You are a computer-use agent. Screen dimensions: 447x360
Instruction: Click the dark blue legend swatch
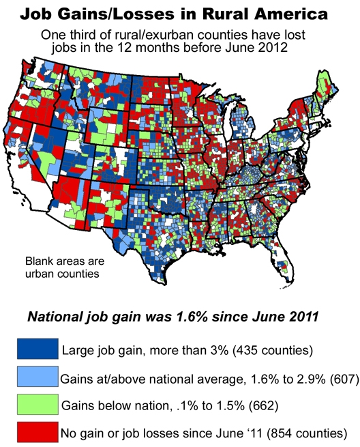click(x=37, y=349)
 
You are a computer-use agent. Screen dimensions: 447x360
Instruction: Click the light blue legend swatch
click(x=37, y=377)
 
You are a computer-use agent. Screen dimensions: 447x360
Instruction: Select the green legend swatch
click(x=37, y=404)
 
